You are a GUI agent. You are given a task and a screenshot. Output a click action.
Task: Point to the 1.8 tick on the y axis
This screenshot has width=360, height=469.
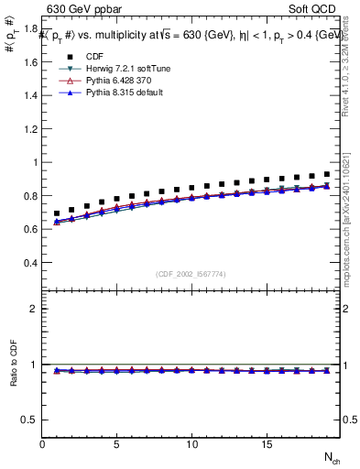[31, 29]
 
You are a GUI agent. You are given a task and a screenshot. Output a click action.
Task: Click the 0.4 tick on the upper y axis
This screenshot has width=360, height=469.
[31, 263]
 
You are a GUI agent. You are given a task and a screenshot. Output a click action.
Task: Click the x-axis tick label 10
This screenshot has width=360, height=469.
[191, 444]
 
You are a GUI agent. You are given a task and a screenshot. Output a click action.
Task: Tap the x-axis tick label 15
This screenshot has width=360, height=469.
[266, 444]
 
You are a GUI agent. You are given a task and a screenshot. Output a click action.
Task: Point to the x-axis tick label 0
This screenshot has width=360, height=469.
[42, 444]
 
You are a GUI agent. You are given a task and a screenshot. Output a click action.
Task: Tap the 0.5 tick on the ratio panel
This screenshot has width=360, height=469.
[31, 420]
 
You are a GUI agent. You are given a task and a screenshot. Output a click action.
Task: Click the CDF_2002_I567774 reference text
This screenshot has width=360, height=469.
[191, 275]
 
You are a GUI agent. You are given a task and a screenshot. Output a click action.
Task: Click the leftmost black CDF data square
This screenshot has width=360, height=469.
[57, 213]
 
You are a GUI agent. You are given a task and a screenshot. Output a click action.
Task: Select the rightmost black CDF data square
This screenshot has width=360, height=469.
[326, 174]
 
